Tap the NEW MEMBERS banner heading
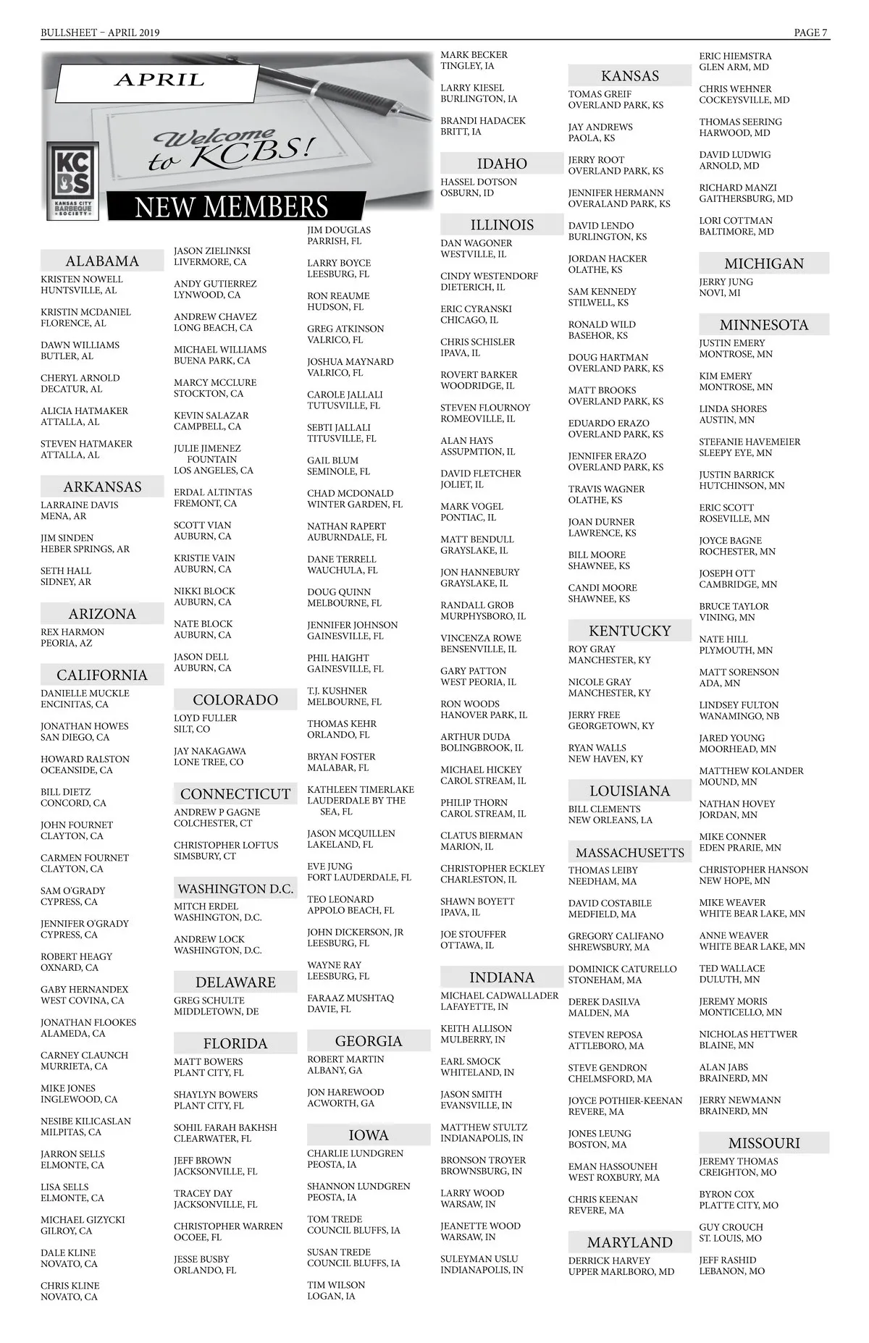232,207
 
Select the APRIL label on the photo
159,80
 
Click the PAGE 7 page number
811,33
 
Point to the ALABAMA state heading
102,261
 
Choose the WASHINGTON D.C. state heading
235,888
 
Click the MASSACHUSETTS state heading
629,852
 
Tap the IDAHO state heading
502,164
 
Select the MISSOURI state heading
764,1143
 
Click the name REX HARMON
72,632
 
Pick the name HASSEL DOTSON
479,182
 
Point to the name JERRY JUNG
726,282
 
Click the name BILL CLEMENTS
604,809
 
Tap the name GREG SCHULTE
209,1001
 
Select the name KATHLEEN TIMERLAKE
361,789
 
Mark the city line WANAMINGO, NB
739,716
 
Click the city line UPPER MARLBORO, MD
621,1271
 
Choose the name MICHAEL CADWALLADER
500,995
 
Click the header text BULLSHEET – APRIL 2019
100,33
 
